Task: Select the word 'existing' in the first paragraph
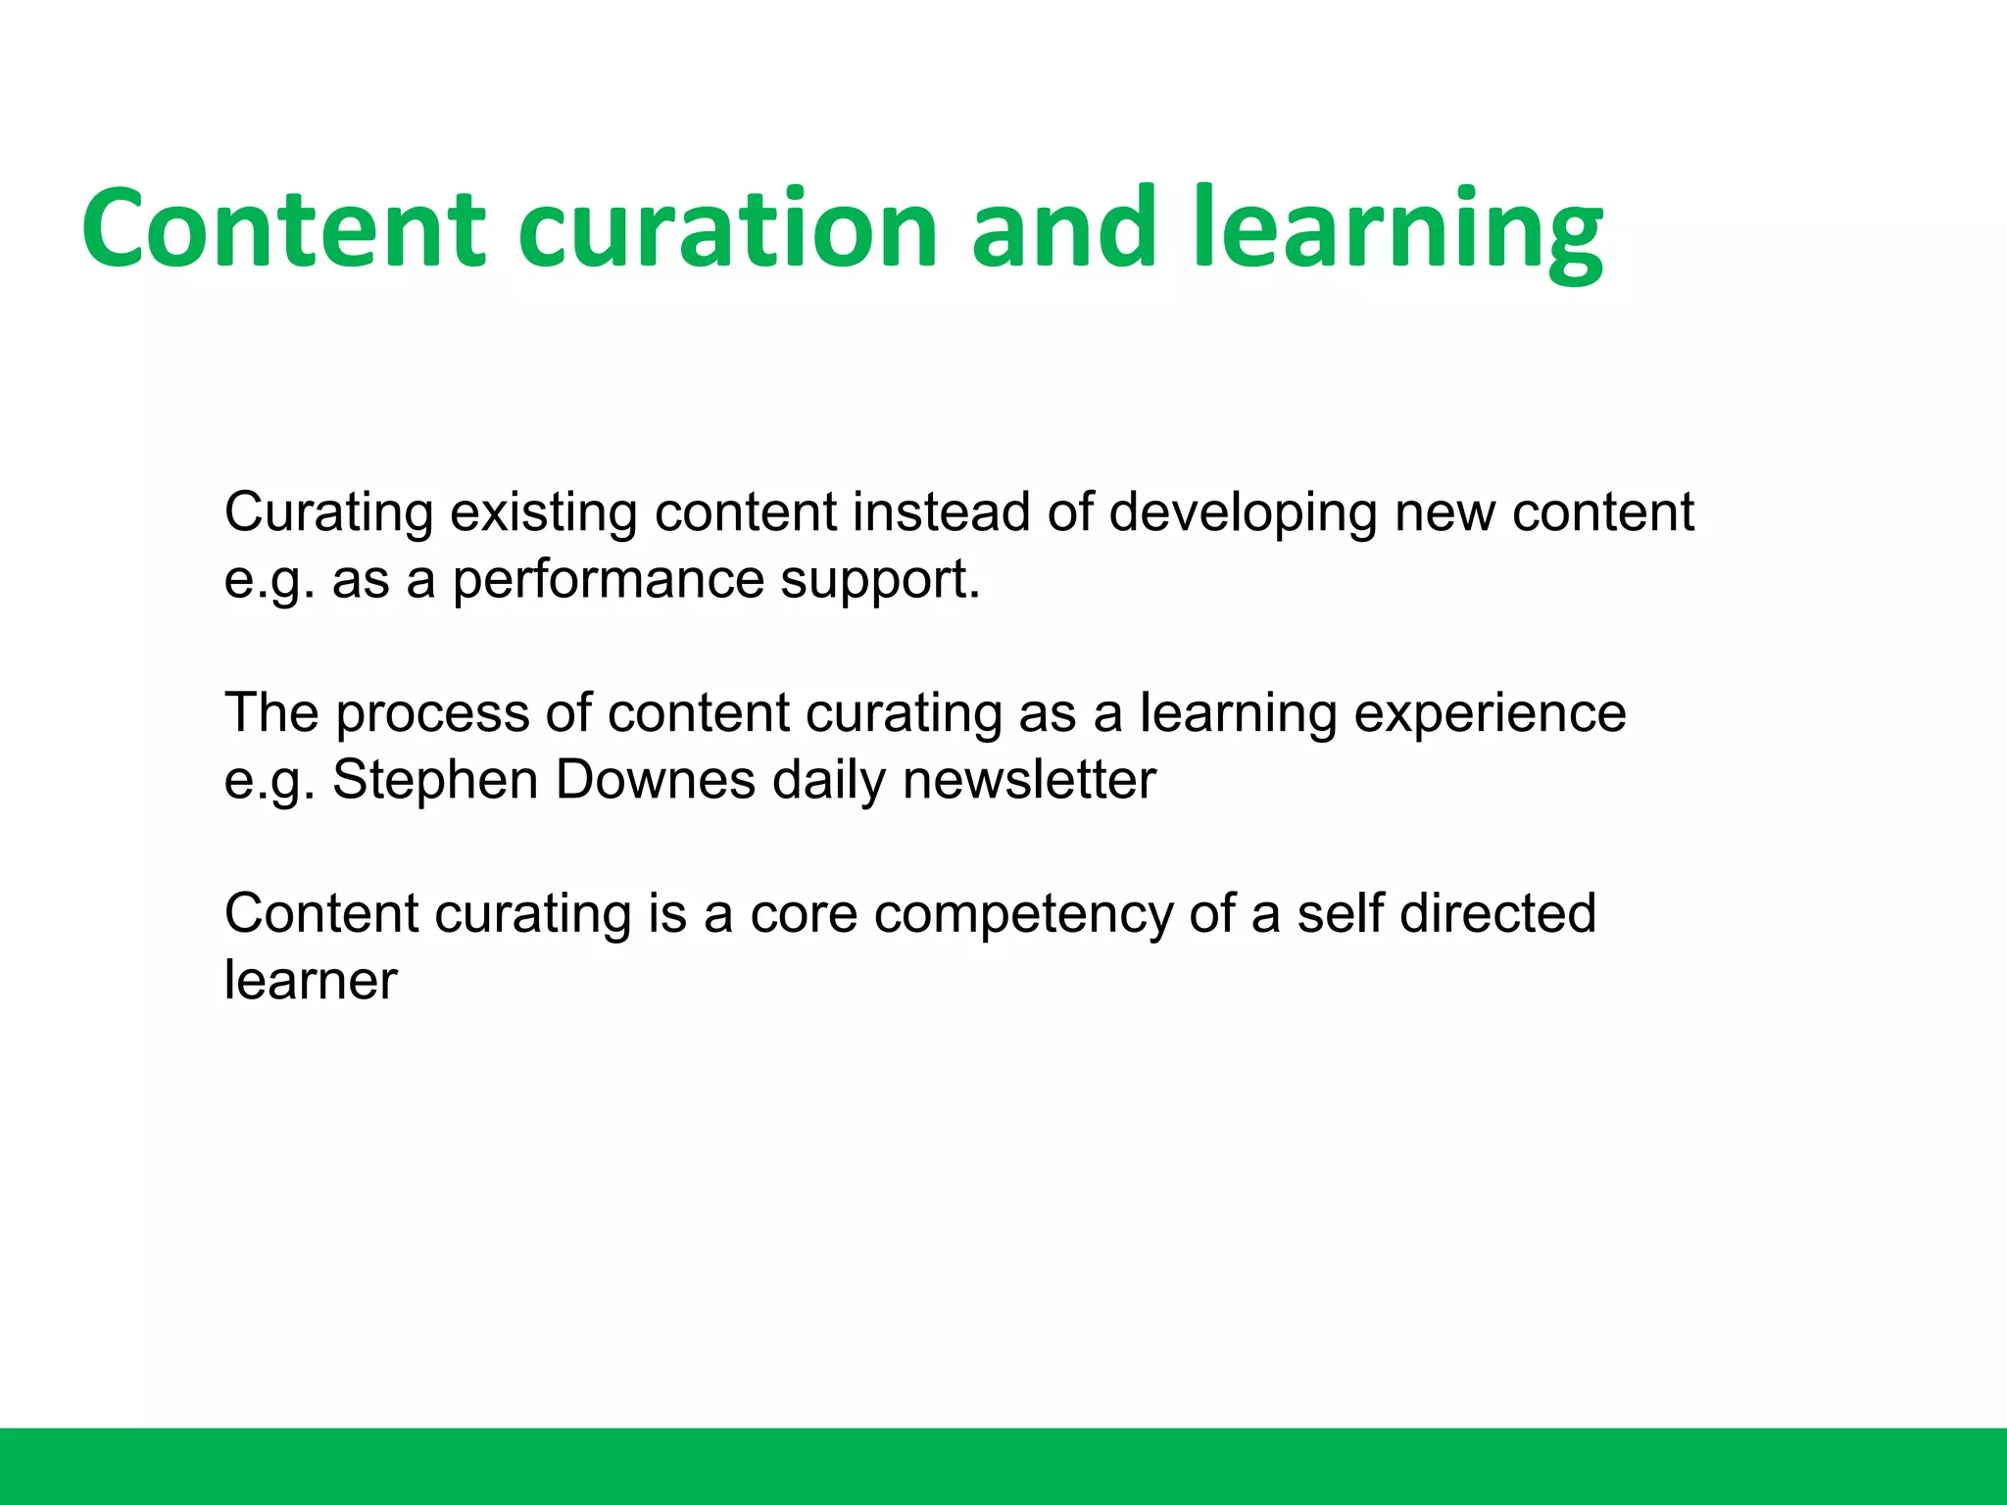(543, 512)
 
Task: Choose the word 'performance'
(608, 580)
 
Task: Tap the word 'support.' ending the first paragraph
(880, 580)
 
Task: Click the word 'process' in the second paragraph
(431, 713)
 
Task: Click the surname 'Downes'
(655, 781)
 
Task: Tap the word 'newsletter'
(1029, 781)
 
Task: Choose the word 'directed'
(1497, 914)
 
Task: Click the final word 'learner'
(311, 981)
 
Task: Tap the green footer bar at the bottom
(1003, 1466)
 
